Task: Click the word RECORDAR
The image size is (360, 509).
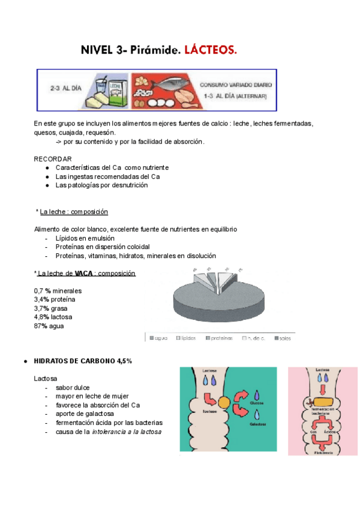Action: [x=49, y=158]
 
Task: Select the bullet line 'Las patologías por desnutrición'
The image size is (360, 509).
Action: [x=101, y=185]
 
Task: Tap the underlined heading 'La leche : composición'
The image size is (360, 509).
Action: [x=74, y=212]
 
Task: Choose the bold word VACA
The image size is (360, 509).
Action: [x=84, y=273]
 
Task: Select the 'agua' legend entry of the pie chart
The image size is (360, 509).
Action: [x=158, y=338]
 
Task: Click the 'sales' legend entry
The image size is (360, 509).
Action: [x=285, y=338]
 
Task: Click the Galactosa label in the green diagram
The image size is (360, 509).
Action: [x=257, y=424]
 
